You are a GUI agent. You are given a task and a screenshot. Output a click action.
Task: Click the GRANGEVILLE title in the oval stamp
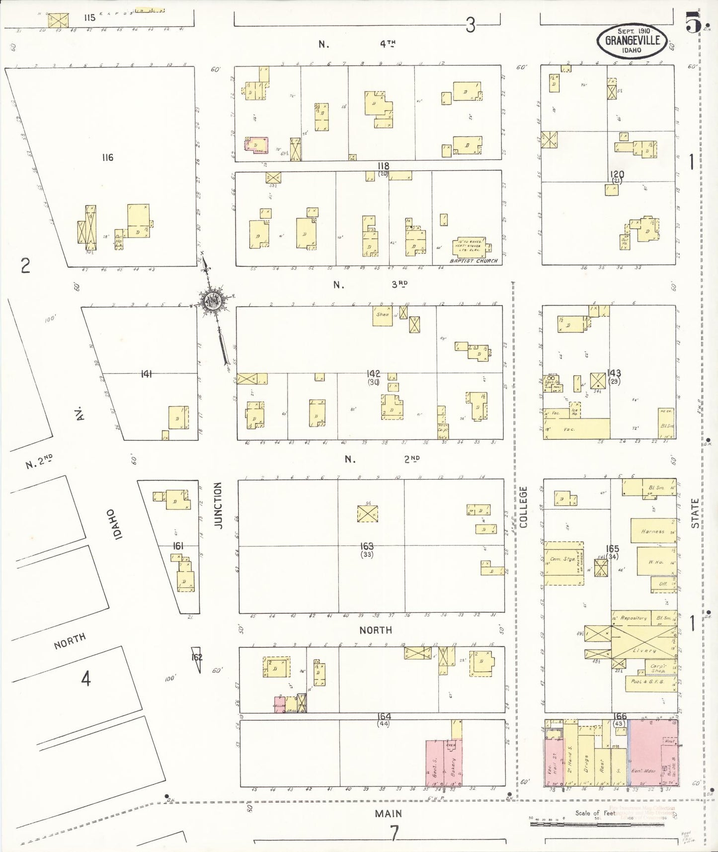coord(632,40)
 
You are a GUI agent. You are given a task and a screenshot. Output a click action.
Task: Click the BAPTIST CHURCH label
coord(473,260)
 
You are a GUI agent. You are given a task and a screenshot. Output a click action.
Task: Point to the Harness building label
coord(652,531)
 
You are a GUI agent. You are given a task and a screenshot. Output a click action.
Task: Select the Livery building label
coord(644,650)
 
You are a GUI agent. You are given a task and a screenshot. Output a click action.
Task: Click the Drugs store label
coord(586,764)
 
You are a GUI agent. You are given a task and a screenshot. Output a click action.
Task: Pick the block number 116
coord(107,158)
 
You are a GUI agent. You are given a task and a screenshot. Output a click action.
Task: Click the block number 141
coord(146,374)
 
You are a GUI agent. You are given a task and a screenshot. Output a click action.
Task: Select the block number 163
coord(367,546)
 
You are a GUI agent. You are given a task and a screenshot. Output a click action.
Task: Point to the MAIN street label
coord(388,814)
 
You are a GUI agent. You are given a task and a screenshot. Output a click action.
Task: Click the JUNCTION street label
coord(218,505)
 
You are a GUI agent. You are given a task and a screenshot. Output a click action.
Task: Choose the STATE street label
coord(695,513)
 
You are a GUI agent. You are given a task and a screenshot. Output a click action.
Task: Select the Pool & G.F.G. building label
coord(646,682)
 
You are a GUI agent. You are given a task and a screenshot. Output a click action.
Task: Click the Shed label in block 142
coord(382,314)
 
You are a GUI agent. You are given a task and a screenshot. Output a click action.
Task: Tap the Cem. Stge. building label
coord(562,559)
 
